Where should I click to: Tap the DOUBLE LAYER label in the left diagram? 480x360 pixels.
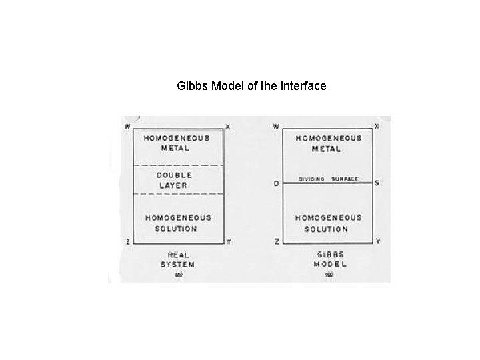click(175, 180)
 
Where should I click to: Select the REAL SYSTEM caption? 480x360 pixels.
click(177, 260)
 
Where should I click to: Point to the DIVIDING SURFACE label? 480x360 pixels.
click(329, 179)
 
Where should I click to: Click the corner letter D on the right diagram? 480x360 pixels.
click(277, 184)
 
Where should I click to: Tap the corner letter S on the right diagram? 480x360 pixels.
click(378, 183)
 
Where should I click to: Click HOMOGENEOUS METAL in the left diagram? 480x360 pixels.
click(176, 143)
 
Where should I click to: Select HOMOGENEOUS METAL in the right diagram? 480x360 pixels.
click(328, 143)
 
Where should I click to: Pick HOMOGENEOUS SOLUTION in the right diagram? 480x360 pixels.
click(328, 223)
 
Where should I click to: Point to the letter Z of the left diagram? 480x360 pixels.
click(128, 241)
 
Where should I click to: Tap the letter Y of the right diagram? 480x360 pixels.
click(378, 241)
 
